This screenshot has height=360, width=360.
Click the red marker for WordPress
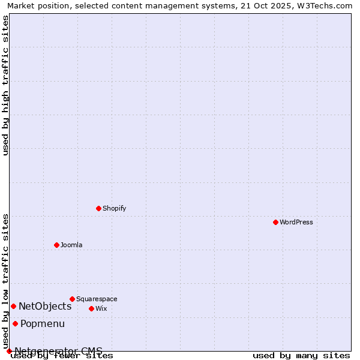click(x=275, y=222)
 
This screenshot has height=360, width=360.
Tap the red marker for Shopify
click(x=98, y=208)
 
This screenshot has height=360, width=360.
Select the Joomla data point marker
click(x=56, y=245)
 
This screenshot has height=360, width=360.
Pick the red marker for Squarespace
click(x=72, y=299)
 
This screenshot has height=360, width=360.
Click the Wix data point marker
click(x=91, y=308)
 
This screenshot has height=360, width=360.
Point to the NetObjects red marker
click(x=13, y=306)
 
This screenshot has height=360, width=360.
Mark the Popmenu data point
click(x=15, y=324)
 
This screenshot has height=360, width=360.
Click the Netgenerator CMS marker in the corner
click(x=9, y=351)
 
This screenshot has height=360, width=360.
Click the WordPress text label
click(x=296, y=222)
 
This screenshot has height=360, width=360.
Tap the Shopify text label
click(x=114, y=208)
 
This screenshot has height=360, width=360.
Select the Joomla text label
click(x=71, y=245)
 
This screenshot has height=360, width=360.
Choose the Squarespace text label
click(x=97, y=299)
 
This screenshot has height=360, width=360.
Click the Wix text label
click(x=101, y=308)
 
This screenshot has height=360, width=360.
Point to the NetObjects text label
click(x=45, y=306)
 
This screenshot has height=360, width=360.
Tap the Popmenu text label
click(x=43, y=324)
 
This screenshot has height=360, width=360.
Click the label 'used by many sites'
click(x=301, y=356)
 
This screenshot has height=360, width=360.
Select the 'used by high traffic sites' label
click(x=6, y=85)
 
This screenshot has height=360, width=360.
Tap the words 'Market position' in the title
click(x=35, y=6)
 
